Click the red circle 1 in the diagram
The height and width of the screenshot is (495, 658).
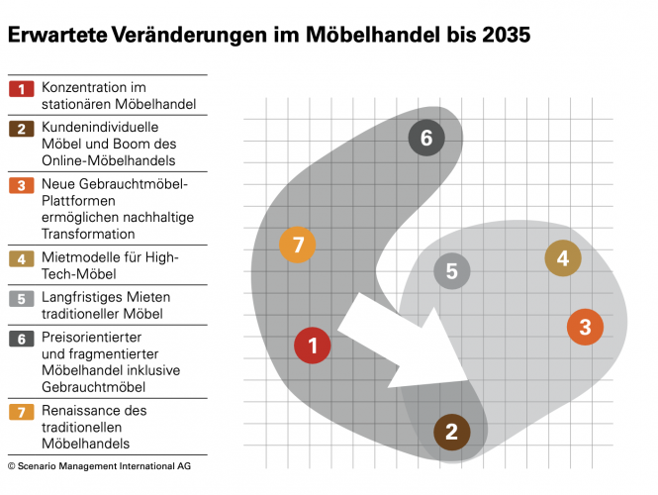pos(313,346)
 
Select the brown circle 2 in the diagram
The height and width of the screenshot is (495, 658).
pos(452,431)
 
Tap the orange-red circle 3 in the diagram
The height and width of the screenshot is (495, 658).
pos(585,327)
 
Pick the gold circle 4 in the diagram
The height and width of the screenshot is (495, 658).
pos(563,258)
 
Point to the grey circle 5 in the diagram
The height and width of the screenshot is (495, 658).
pos(451,271)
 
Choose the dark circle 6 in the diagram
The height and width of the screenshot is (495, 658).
pos(426,138)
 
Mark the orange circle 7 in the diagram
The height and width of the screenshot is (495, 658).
pos(297,245)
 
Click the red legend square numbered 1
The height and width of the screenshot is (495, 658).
pos(21,89)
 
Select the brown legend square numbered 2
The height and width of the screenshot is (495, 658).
pos(21,129)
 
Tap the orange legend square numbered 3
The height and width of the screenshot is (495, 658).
pos(21,185)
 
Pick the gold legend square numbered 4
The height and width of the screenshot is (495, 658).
pos(21,258)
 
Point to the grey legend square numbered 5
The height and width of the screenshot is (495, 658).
pos(21,298)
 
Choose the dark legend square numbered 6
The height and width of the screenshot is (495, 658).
pos(21,339)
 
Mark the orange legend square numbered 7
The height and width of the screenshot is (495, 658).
pos(21,411)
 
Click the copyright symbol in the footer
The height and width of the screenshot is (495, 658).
pos(12,464)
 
